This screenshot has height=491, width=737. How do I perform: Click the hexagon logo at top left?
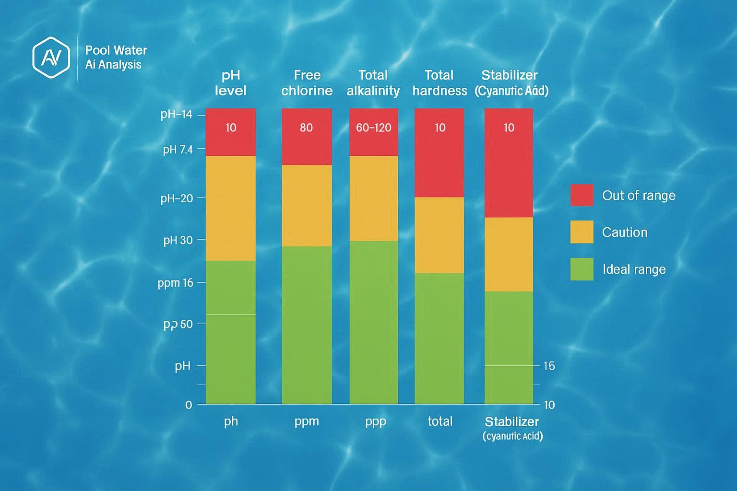click(51, 57)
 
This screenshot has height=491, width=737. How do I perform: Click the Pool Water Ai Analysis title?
click(116, 57)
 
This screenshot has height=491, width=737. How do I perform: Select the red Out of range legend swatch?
click(582, 195)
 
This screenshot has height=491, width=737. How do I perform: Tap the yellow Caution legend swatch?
click(582, 232)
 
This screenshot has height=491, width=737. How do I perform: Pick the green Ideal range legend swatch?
click(582, 269)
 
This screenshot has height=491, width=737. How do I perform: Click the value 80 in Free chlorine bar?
click(306, 128)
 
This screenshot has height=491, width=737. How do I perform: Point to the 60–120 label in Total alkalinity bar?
click(373, 128)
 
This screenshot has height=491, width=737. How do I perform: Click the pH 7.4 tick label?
click(178, 150)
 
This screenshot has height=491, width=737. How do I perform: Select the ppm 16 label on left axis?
click(175, 283)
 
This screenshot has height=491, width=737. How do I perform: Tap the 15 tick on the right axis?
click(549, 366)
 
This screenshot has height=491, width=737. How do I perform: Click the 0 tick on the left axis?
click(189, 405)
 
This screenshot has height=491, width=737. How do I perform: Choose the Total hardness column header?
click(439, 83)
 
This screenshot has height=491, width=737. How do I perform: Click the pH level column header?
click(230, 83)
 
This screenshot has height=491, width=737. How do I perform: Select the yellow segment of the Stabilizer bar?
click(509, 254)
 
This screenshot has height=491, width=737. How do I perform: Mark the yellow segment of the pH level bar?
click(230, 208)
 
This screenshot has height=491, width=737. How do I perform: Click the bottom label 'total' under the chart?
click(440, 421)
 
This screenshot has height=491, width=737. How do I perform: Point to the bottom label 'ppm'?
click(307, 421)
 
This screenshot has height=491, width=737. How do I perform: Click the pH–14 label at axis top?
click(176, 115)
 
